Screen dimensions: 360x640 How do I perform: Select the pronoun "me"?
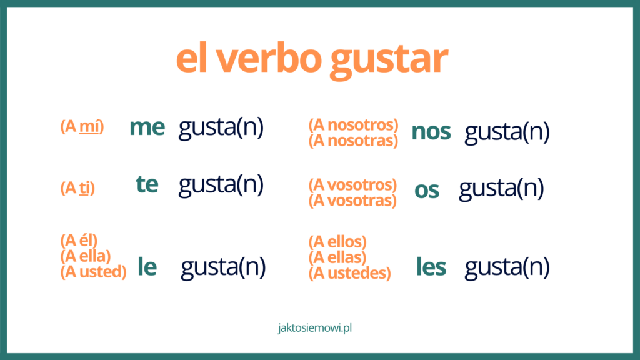[147, 127]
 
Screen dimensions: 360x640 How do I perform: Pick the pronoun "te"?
[147, 184]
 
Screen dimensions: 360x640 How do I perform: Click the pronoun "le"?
[147, 267]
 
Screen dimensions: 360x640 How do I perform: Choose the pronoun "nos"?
[431, 132]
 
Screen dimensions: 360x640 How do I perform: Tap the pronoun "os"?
[427, 191]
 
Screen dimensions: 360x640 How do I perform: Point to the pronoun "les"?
[431, 267]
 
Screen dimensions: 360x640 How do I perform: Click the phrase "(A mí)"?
[82, 127]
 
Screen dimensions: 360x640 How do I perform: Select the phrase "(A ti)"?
[77, 188]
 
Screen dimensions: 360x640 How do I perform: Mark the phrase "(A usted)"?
[93, 272]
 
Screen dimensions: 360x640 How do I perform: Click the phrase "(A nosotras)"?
[353, 141]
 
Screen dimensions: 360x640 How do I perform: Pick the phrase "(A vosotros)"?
[352, 185]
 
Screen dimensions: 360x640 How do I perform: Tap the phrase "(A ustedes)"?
[349, 273]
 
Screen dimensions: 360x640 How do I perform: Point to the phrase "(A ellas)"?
[337, 257]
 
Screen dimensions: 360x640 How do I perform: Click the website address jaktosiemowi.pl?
[319, 327]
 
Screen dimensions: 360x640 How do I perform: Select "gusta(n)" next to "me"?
[221, 127]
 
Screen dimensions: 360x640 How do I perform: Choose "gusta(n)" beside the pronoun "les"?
[507, 267]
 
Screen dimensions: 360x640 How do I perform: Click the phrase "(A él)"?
[79, 240]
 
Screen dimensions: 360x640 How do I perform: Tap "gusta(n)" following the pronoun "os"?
[501, 189]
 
